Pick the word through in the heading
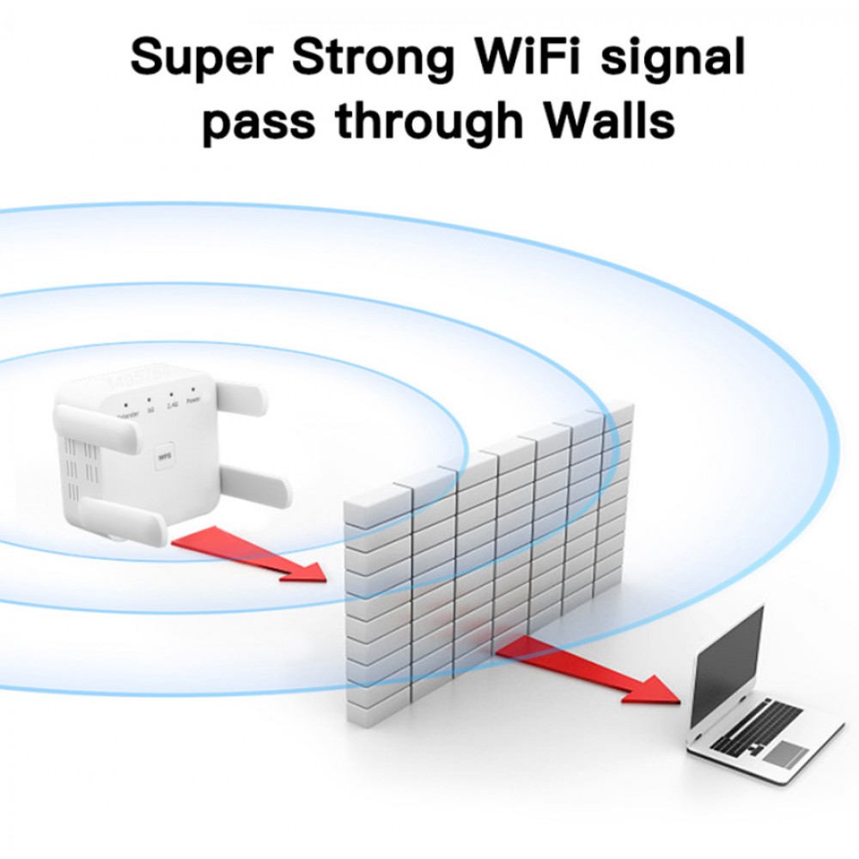click(x=429, y=122)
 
